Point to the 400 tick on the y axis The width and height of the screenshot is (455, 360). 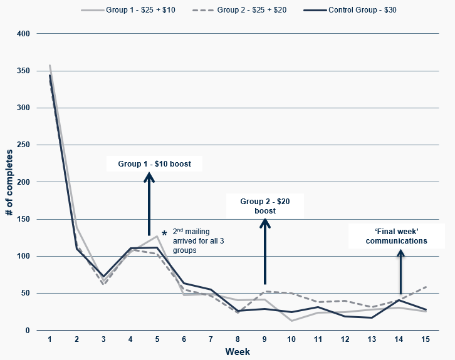[23, 34]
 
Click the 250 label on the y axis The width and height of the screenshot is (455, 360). [23, 145]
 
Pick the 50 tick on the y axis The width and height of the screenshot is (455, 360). [26, 294]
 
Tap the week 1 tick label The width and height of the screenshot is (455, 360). [50, 339]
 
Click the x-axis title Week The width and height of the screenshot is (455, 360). [238, 352]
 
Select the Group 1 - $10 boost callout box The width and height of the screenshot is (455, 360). [154, 164]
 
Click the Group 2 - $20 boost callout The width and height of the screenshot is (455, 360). [266, 206]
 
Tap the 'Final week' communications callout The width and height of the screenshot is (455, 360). [396, 236]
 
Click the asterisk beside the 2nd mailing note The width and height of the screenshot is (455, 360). [164, 234]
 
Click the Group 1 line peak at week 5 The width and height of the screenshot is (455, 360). [157, 236]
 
